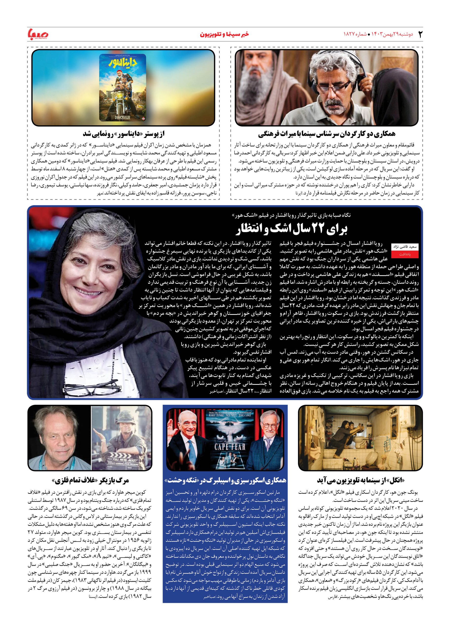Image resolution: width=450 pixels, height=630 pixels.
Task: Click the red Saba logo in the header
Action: click(38, 34)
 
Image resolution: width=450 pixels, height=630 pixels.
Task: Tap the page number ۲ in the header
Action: click(420, 34)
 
